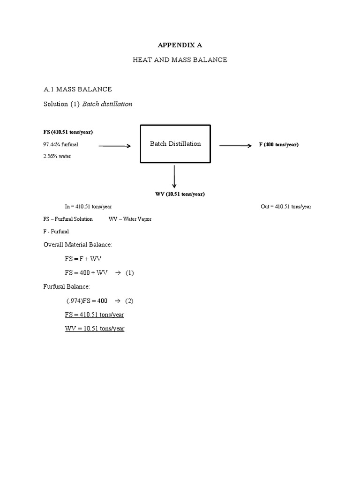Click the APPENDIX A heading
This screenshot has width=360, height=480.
click(180, 45)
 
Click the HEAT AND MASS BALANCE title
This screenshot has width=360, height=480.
click(180, 60)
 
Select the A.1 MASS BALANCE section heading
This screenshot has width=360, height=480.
click(77, 89)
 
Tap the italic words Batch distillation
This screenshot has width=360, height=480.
click(107, 104)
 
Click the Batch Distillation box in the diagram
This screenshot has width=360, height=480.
click(175, 144)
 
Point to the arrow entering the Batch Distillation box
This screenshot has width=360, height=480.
click(115, 146)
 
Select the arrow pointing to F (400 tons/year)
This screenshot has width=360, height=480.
click(235, 146)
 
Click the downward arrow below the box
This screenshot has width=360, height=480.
click(174, 176)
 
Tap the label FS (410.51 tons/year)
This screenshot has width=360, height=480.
click(71, 132)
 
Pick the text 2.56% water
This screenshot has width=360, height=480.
click(57, 156)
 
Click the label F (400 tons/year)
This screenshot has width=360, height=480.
click(278, 144)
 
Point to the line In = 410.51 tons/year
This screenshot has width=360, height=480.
click(88, 206)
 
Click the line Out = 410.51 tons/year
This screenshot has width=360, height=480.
click(286, 206)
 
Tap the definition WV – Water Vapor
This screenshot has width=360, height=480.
click(130, 219)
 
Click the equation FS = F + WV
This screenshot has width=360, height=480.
click(83, 258)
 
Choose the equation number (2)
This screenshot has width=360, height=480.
click(129, 300)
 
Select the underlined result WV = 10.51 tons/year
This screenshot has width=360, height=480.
click(95, 329)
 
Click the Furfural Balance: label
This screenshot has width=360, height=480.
click(67, 286)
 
